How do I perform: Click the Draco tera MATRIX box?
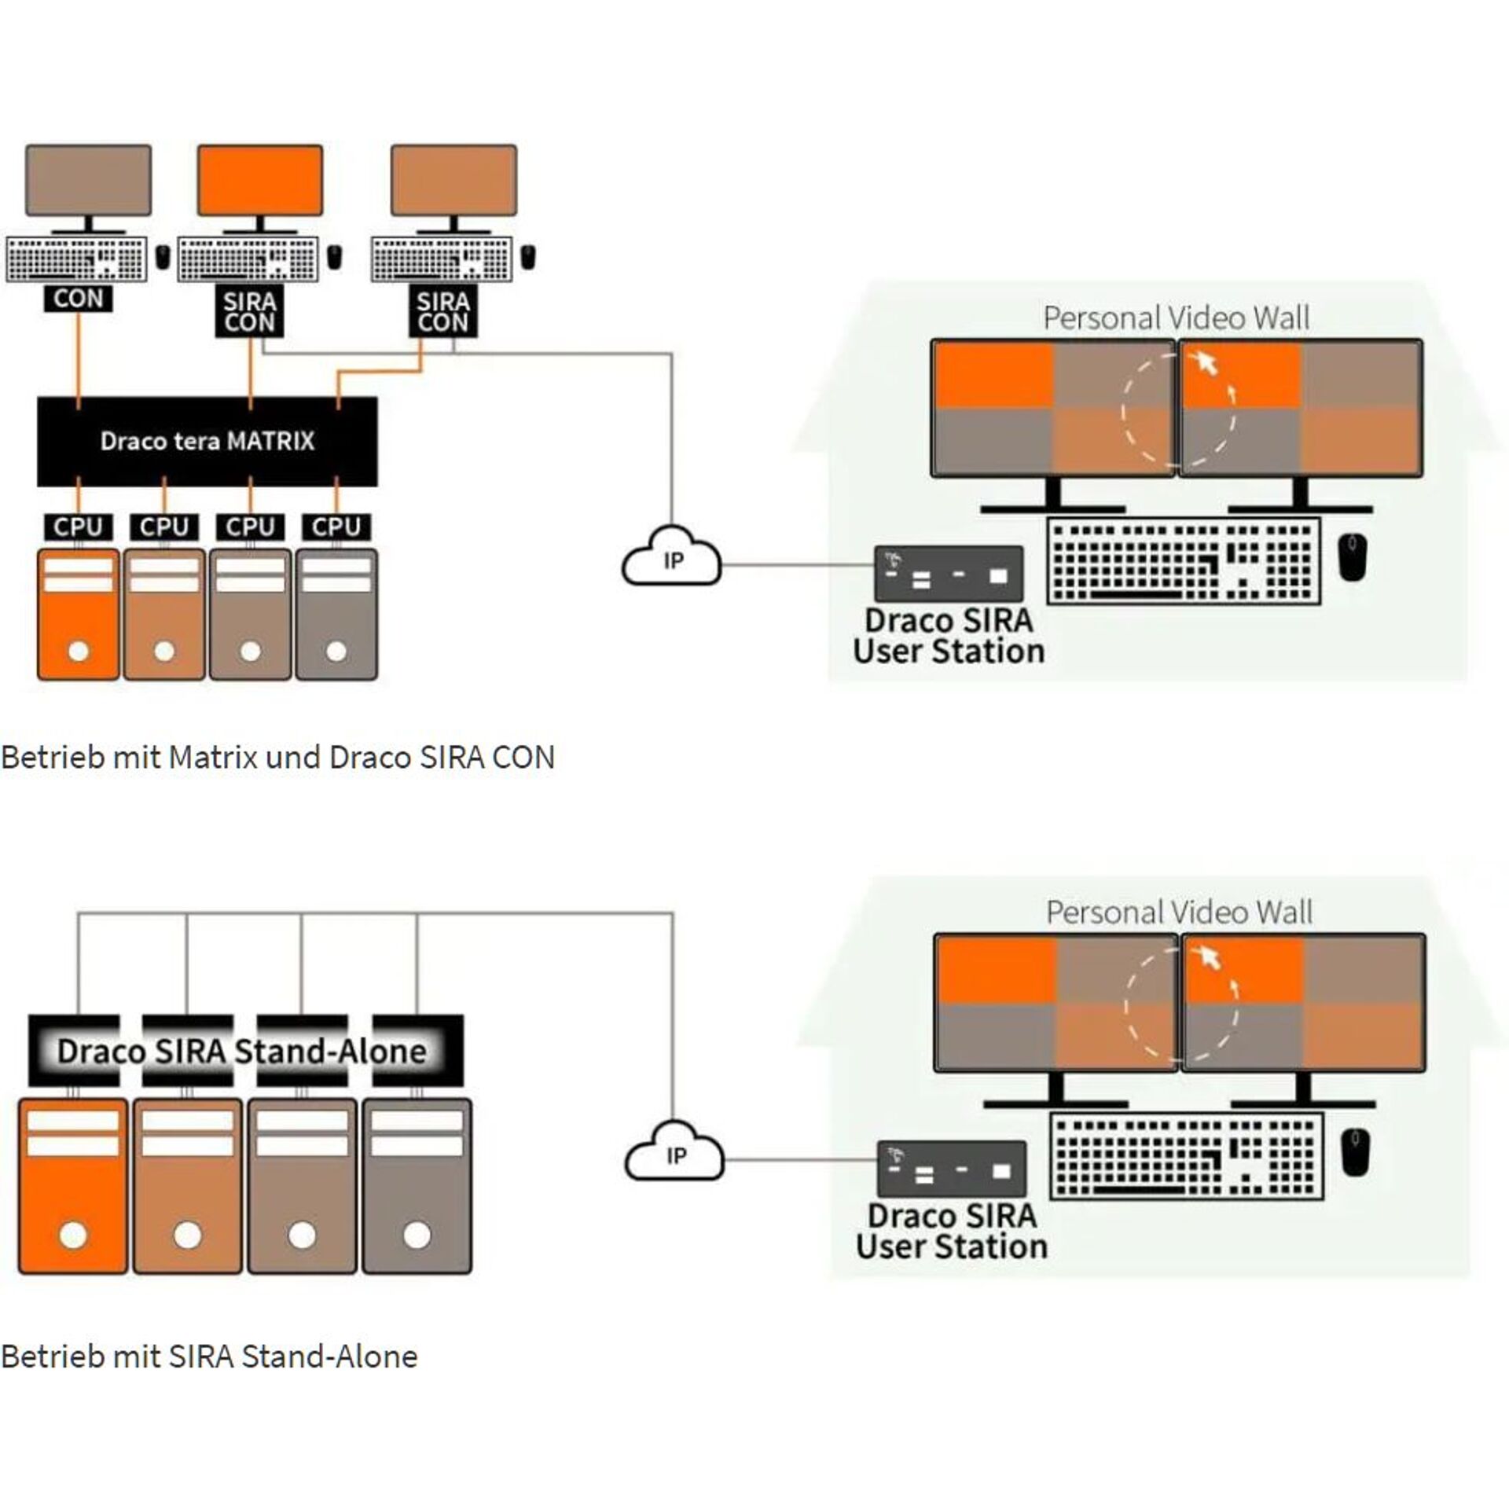207,441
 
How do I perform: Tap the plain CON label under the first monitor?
78,299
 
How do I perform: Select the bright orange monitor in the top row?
259,180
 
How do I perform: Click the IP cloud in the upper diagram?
672,558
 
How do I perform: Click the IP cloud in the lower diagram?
674,1153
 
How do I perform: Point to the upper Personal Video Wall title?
1176,318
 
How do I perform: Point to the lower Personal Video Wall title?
1179,912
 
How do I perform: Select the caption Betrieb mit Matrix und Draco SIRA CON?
277,758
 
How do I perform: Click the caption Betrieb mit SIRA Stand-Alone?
209,1356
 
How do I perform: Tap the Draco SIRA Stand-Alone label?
242,1051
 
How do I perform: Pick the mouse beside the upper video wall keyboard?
1352,557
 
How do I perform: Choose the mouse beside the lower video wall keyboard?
1355,1153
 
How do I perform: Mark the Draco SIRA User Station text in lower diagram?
952,1232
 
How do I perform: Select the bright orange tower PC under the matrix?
79,615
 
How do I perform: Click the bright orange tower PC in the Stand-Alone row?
73,1186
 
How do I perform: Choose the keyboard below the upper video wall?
1184,561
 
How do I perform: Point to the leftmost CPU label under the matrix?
78,527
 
